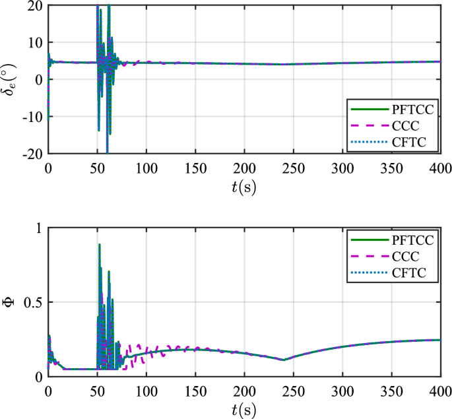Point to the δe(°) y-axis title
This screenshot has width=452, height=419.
[x=10, y=80]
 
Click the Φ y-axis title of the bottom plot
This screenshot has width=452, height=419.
[x=9, y=302]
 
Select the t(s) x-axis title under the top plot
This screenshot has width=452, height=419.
[x=243, y=187]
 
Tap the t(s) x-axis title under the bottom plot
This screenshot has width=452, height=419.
[x=243, y=408]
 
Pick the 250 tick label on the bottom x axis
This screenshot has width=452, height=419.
[x=293, y=390]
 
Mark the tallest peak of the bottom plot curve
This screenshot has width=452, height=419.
[x=100, y=244]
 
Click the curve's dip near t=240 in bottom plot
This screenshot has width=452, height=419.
[x=283, y=360]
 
